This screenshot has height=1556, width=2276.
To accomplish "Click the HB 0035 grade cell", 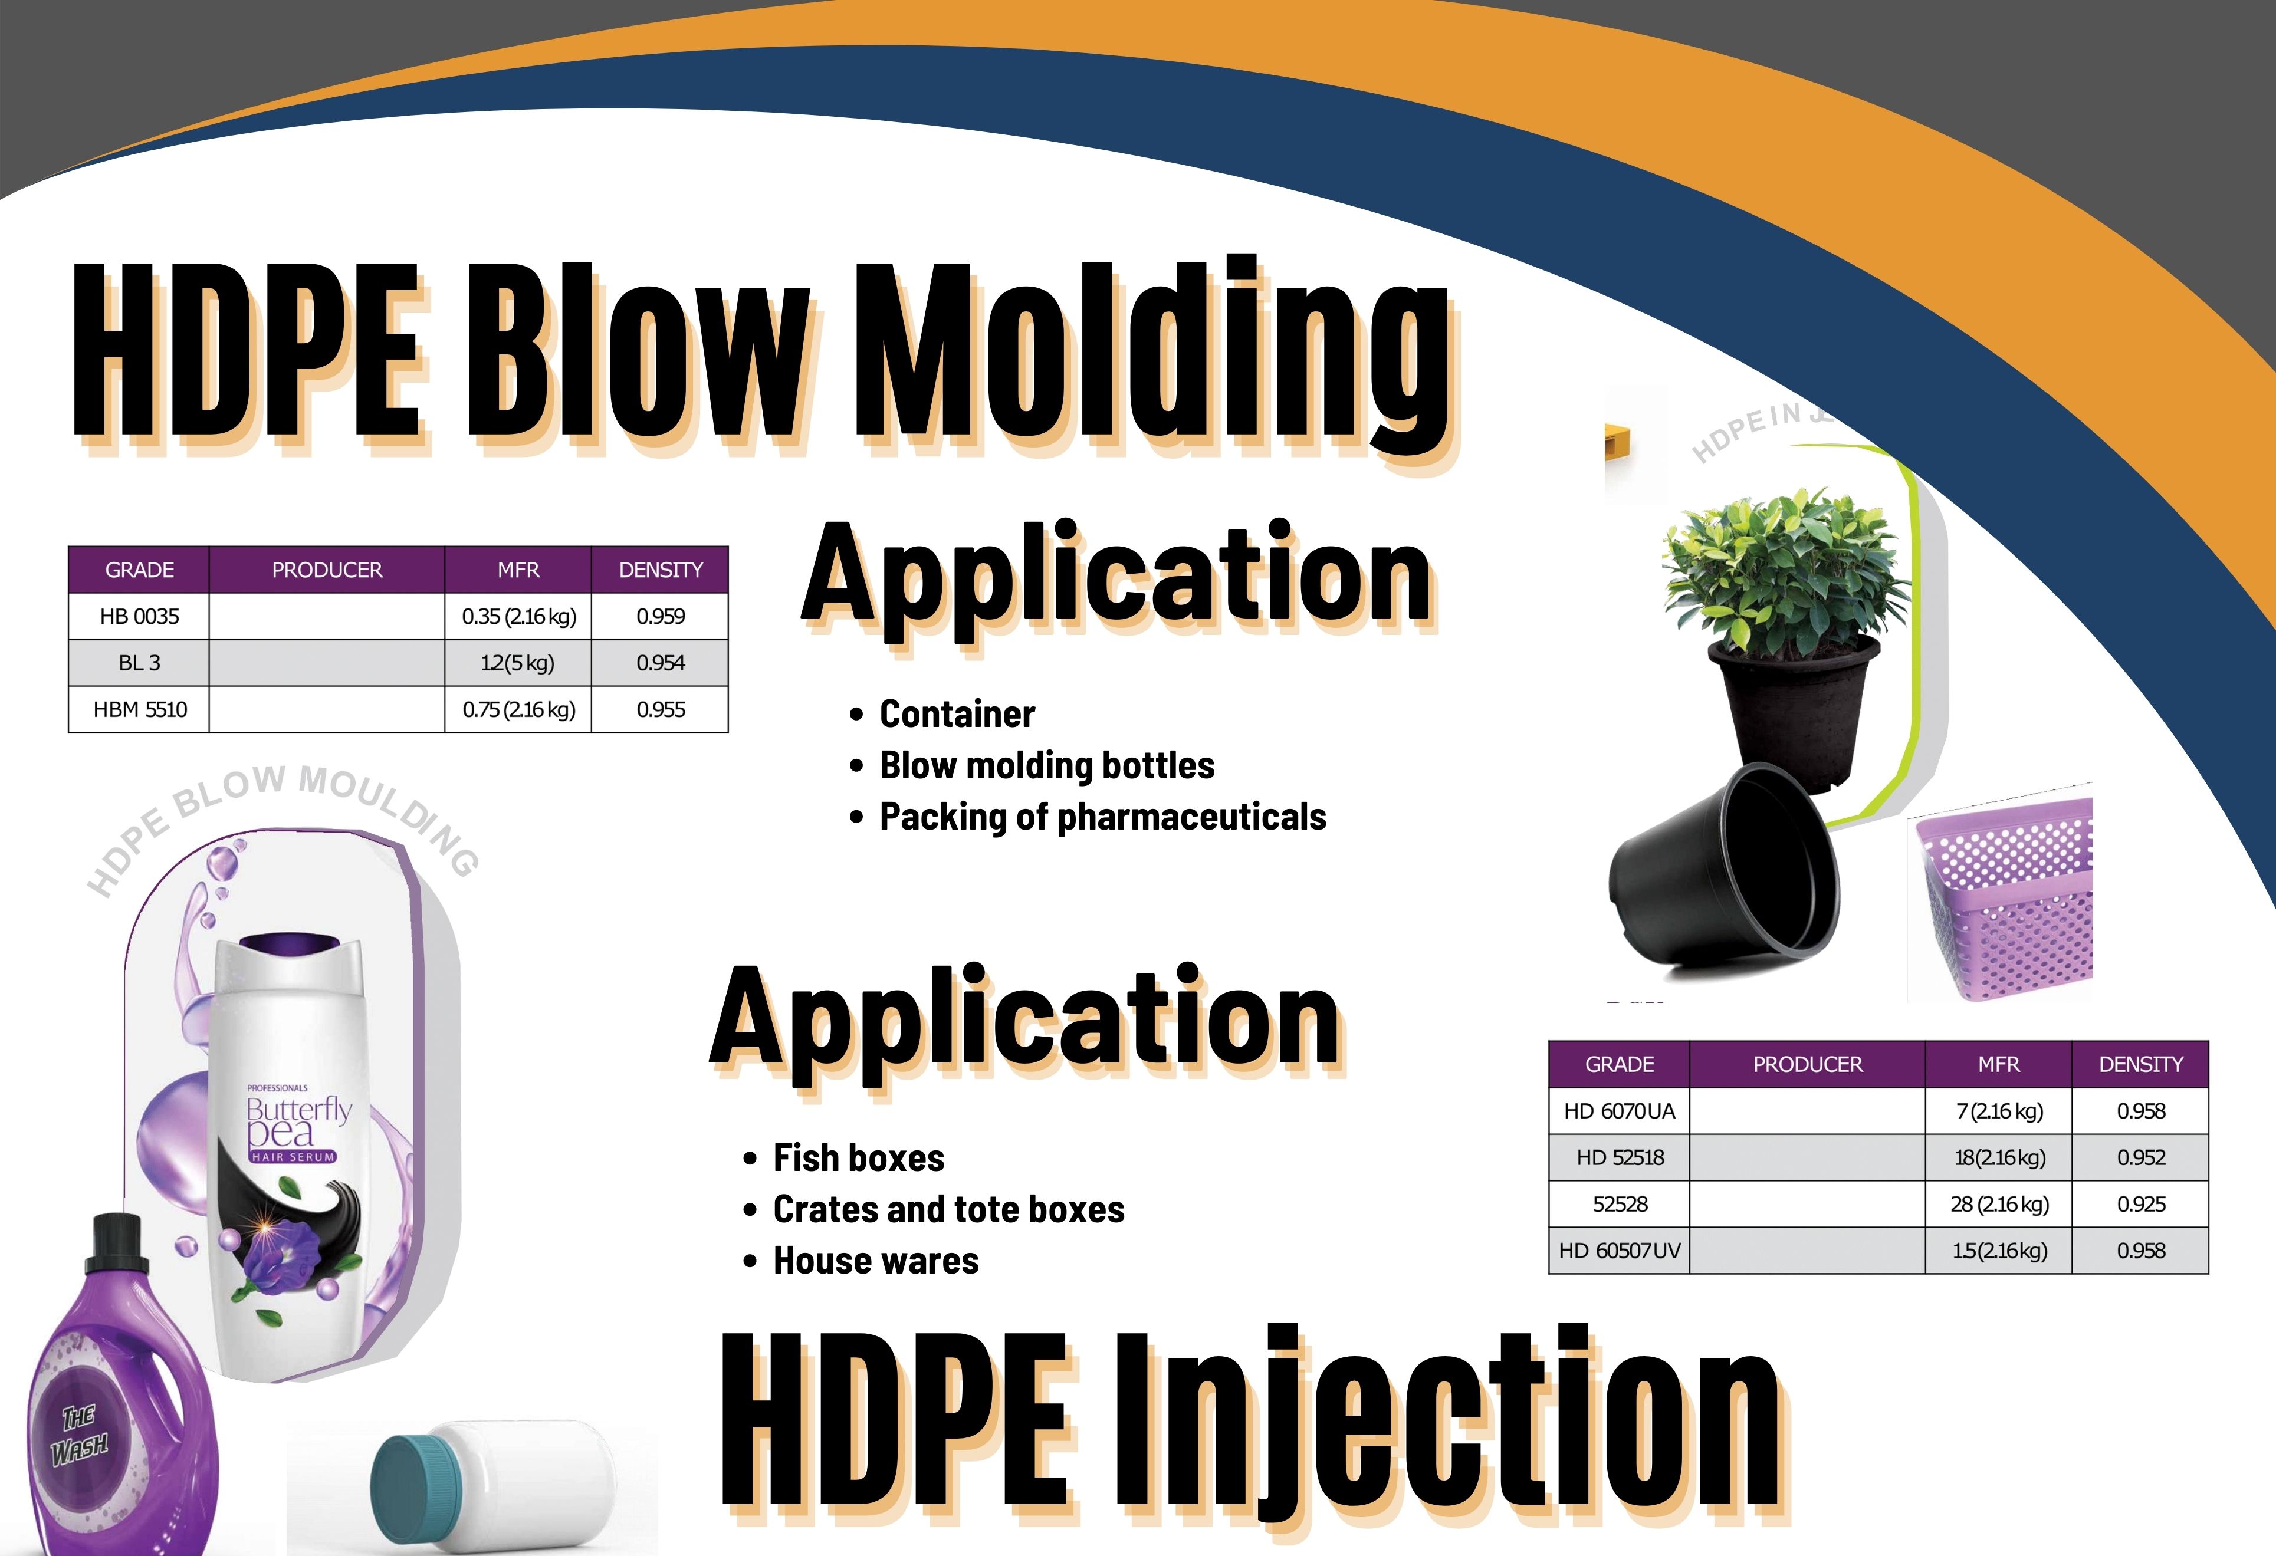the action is [139, 616].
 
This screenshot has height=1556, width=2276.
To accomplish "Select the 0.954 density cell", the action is [660, 663].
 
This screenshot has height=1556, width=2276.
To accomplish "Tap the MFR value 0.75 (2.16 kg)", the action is [518, 709].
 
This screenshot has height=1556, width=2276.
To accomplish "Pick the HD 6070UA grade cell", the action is [1619, 1110].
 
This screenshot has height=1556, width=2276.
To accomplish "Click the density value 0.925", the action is [2141, 1203].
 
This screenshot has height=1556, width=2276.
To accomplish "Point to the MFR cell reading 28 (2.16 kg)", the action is [1999, 1203].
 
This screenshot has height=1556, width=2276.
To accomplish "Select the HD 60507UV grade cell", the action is [1619, 1251].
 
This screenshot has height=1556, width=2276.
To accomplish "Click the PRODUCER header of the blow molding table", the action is [327, 570].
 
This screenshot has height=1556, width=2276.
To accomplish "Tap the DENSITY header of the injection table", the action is [2141, 1064].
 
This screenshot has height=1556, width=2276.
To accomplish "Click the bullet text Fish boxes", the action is [859, 1157].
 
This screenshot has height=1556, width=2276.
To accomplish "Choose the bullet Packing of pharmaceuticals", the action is [1103, 817].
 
